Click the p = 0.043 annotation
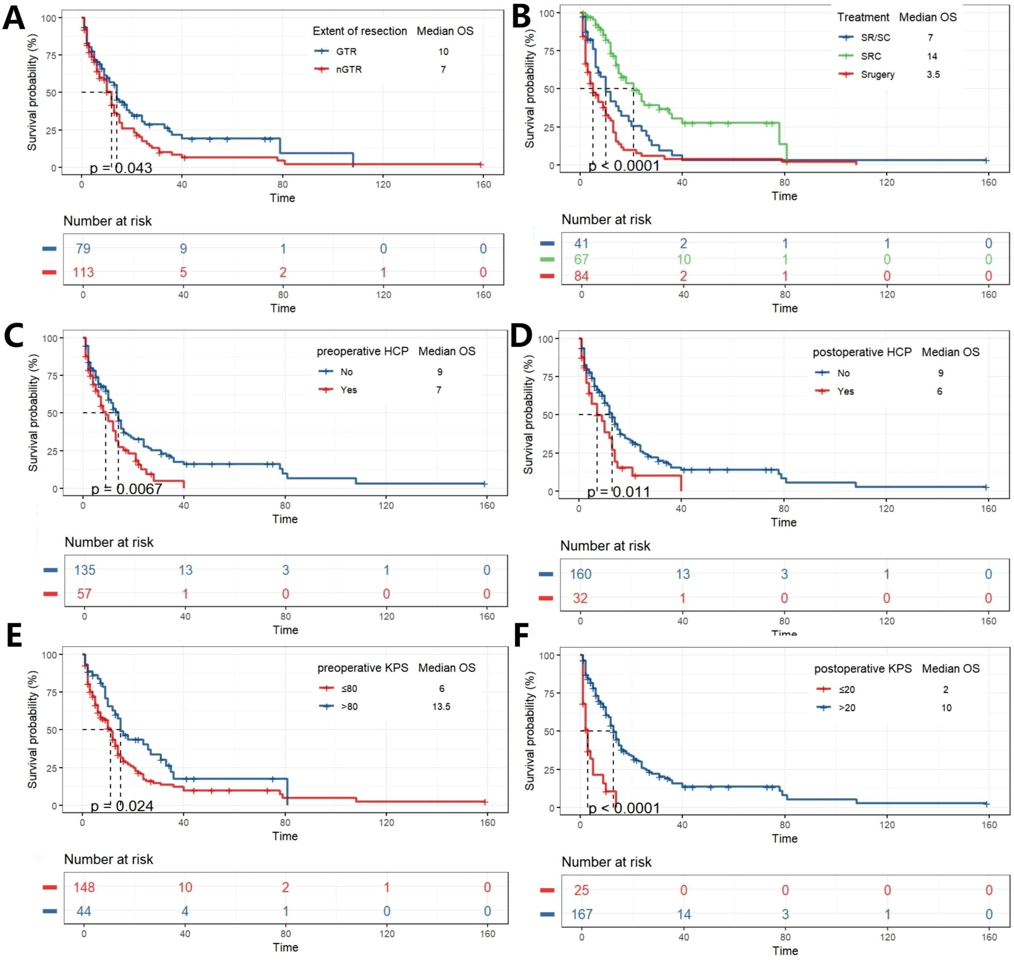(121, 167)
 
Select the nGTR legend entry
(348, 69)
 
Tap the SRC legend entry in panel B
(871, 56)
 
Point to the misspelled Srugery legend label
(878, 75)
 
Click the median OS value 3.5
(933, 75)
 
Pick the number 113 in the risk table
(83, 272)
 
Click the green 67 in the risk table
(581, 259)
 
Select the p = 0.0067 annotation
(127, 489)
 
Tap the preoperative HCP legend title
(362, 351)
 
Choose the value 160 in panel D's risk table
(580, 574)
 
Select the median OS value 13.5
(441, 706)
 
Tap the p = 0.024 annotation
(122, 806)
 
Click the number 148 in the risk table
(84, 887)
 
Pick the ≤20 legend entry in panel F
(847, 689)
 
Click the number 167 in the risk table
(582, 914)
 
